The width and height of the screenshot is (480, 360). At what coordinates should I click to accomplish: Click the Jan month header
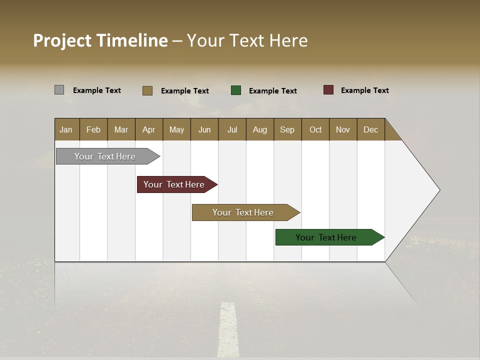pyautogui.click(x=66, y=129)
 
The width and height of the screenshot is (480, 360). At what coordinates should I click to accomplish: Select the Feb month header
pyautogui.click(x=93, y=129)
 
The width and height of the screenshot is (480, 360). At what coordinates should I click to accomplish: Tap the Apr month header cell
pyautogui.click(x=149, y=129)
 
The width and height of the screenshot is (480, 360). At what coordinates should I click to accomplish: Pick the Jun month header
pyautogui.click(x=204, y=129)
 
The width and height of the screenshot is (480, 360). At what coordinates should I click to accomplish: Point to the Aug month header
pyautogui.click(x=260, y=129)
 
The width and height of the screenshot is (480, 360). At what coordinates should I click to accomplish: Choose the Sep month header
pyautogui.click(x=287, y=129)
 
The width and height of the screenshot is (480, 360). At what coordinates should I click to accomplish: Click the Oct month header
pyautogui.click(x=315, y=129)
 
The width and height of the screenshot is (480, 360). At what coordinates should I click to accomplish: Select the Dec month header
pyautogui.click(x=371, y=129)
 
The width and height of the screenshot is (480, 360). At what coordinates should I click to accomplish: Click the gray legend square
pyautogui.click(x=59, y=90)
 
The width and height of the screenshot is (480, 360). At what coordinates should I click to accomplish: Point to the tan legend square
pyautogui.click(x=147, y=90)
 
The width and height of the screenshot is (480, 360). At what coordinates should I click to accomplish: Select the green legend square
pyautogui.click(x=236, y=90)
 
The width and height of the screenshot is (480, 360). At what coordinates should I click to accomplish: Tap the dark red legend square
pyautogui.click(x=328, y=90)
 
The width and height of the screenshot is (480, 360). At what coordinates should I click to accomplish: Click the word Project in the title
pyautogui.click(x=62, y=40)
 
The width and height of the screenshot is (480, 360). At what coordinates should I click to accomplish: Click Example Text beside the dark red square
pyautogui.click(x=364, y=90)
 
